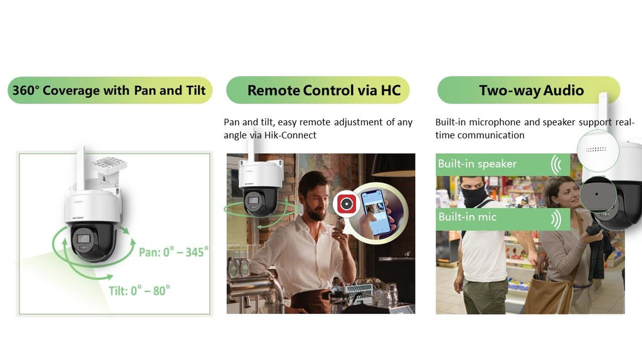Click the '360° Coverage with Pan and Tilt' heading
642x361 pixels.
109,90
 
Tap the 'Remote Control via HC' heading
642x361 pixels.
324,90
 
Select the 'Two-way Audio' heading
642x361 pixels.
532,90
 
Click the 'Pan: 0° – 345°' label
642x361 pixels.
174,252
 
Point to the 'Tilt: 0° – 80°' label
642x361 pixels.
139,291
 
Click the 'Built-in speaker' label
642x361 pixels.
477,164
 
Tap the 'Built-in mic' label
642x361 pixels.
467,216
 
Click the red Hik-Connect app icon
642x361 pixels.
346,204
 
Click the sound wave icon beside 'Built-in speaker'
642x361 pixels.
556,165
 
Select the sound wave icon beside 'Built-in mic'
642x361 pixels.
556,219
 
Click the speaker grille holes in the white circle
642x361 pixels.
596,149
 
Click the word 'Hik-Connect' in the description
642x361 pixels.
290,135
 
